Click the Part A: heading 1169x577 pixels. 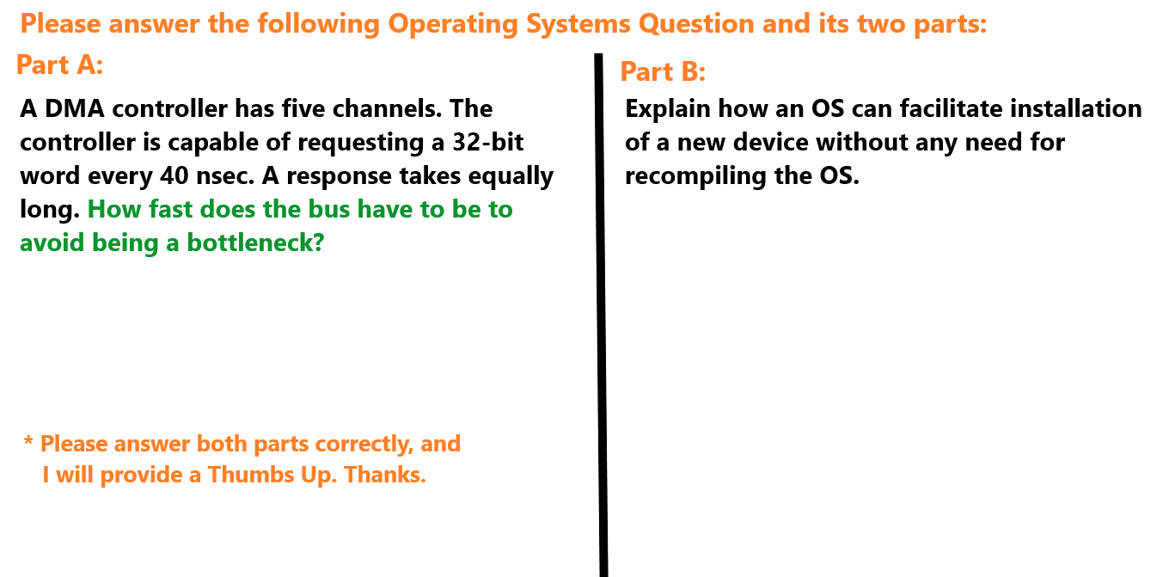click(x=60, y=64)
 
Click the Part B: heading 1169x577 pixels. click(x=663, y=72)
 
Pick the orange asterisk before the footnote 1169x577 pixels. click(x=28, y=442)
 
